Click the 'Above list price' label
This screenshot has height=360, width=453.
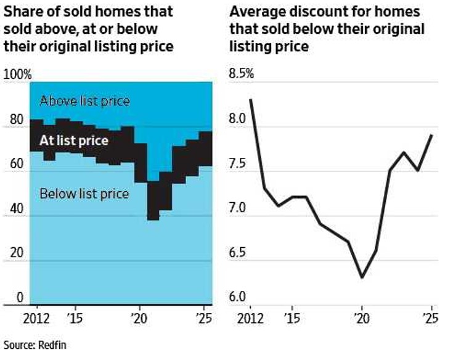click(84, 100)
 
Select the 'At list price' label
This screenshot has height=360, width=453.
click(74, 141)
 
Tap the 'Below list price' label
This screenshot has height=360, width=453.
click(84, 194)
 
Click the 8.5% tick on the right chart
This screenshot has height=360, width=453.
click(242, 75)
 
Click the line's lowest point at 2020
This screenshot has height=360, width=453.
click(362, 277)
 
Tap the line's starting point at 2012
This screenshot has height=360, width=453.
click(251, 100)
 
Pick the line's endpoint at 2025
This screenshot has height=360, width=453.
click(431, 135)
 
